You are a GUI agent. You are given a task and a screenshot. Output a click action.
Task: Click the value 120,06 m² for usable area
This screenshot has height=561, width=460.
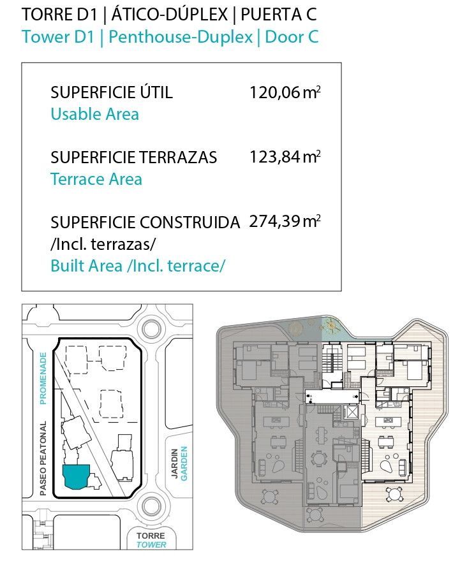click(285, 92)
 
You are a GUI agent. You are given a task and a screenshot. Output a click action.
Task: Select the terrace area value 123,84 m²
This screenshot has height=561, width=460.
click(285, 157)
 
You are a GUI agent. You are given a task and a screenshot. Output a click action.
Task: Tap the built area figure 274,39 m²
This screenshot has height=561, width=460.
click(285, 221)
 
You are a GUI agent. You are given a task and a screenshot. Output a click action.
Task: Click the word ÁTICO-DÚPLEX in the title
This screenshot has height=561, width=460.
click(169, 14)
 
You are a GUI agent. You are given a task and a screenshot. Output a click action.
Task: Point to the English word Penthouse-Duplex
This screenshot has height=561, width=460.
click(181, 37)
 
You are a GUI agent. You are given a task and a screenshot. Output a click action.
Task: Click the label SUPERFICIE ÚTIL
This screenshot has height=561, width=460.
click(111, 92)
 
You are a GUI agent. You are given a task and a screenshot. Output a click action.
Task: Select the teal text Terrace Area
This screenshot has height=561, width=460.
click(96, 179)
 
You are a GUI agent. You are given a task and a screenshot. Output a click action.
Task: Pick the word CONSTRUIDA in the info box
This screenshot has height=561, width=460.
click(189, 222)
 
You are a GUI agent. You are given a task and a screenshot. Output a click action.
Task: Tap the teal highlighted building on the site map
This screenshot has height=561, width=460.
click(77, 476)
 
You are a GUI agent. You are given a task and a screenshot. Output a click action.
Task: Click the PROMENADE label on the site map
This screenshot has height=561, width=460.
click(43, 378)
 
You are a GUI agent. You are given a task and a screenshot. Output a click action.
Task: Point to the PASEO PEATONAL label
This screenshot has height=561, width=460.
click(43, 458)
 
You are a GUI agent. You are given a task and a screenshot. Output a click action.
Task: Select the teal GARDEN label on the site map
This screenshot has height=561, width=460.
click(184, 463)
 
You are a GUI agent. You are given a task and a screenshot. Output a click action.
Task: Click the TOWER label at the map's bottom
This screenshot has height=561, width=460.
click(151, 545)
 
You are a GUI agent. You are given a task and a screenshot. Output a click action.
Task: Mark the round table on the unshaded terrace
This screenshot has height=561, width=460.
click(394, 495)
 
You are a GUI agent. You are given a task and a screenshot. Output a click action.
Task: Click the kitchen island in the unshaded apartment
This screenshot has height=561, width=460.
click(388, 420)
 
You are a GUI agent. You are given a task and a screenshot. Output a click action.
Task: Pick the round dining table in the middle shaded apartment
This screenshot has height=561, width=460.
click(318, 458)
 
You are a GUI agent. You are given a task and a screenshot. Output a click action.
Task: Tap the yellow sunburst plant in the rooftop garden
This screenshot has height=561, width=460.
click(330, 325)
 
